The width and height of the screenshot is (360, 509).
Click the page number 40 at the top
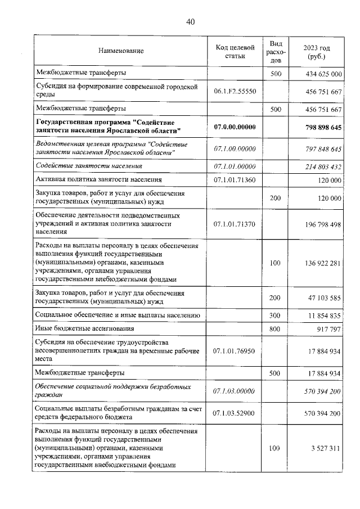tap(190, 21)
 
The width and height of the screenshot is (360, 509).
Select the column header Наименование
tap(121, 51)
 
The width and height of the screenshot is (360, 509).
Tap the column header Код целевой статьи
tap(235, 51)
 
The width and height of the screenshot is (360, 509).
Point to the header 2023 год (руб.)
tap(316, 51)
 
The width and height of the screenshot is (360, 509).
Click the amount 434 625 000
tap(321, 74)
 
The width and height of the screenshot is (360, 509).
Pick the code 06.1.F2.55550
tap(235, 91)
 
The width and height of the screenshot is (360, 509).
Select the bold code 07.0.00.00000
tap(235, 127)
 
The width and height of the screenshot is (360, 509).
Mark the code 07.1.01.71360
tap(235, 180)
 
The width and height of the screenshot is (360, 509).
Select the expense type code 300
tap(275, 316)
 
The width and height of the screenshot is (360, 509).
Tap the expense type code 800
tap(275, 328)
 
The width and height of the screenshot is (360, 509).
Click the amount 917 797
tap(327, 328)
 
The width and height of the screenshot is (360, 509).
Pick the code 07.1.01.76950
tap(235, 351)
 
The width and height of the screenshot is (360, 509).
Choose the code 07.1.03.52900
tap(235, 413)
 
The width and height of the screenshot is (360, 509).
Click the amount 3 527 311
tap(322, 448)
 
